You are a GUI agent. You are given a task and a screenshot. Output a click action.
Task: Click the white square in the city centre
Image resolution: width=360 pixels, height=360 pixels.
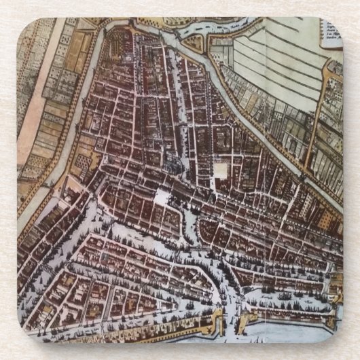coord(221,170)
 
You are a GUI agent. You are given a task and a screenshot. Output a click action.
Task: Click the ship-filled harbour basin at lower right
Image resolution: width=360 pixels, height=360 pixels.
coord(285,299)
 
